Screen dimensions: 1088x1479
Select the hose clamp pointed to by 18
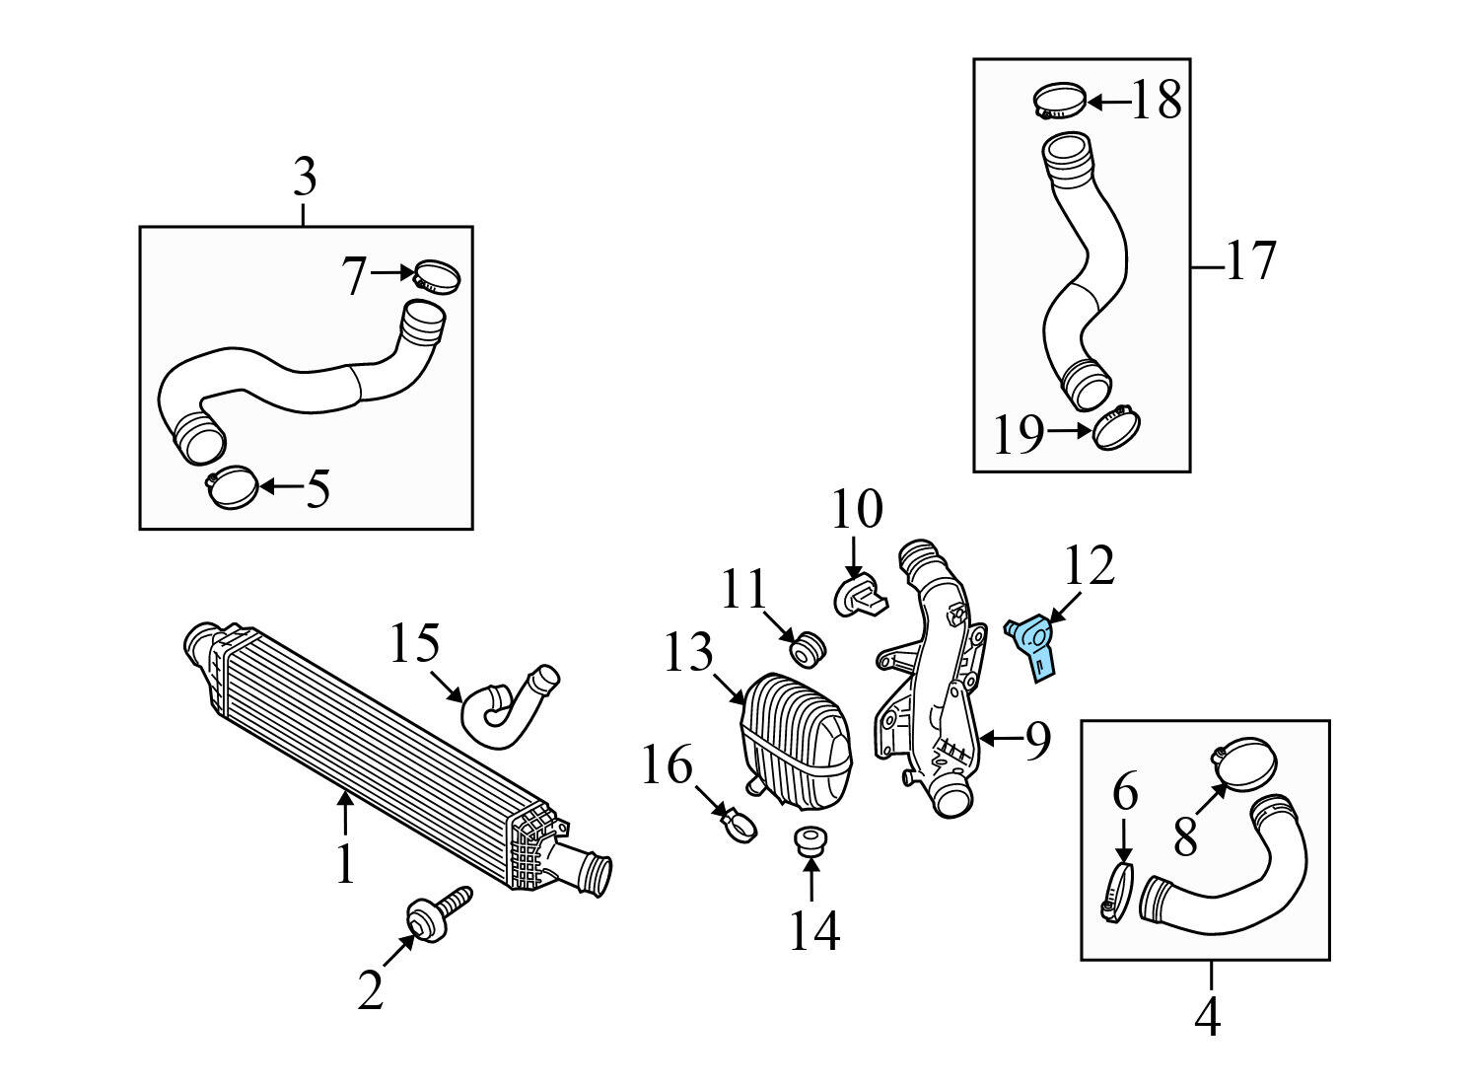click(1058, 102)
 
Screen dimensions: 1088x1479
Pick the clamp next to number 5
click(233, 487)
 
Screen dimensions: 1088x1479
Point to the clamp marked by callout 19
click(1116, 428)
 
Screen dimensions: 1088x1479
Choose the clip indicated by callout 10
click(855, 596)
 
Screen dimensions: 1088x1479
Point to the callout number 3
click(305, 179)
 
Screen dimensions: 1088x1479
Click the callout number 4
click(1208, 1016)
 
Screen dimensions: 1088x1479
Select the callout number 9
click(1036, 740)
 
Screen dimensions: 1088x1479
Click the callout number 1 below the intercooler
click(344, 864)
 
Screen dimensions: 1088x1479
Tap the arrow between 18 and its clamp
click(1106, 102)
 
